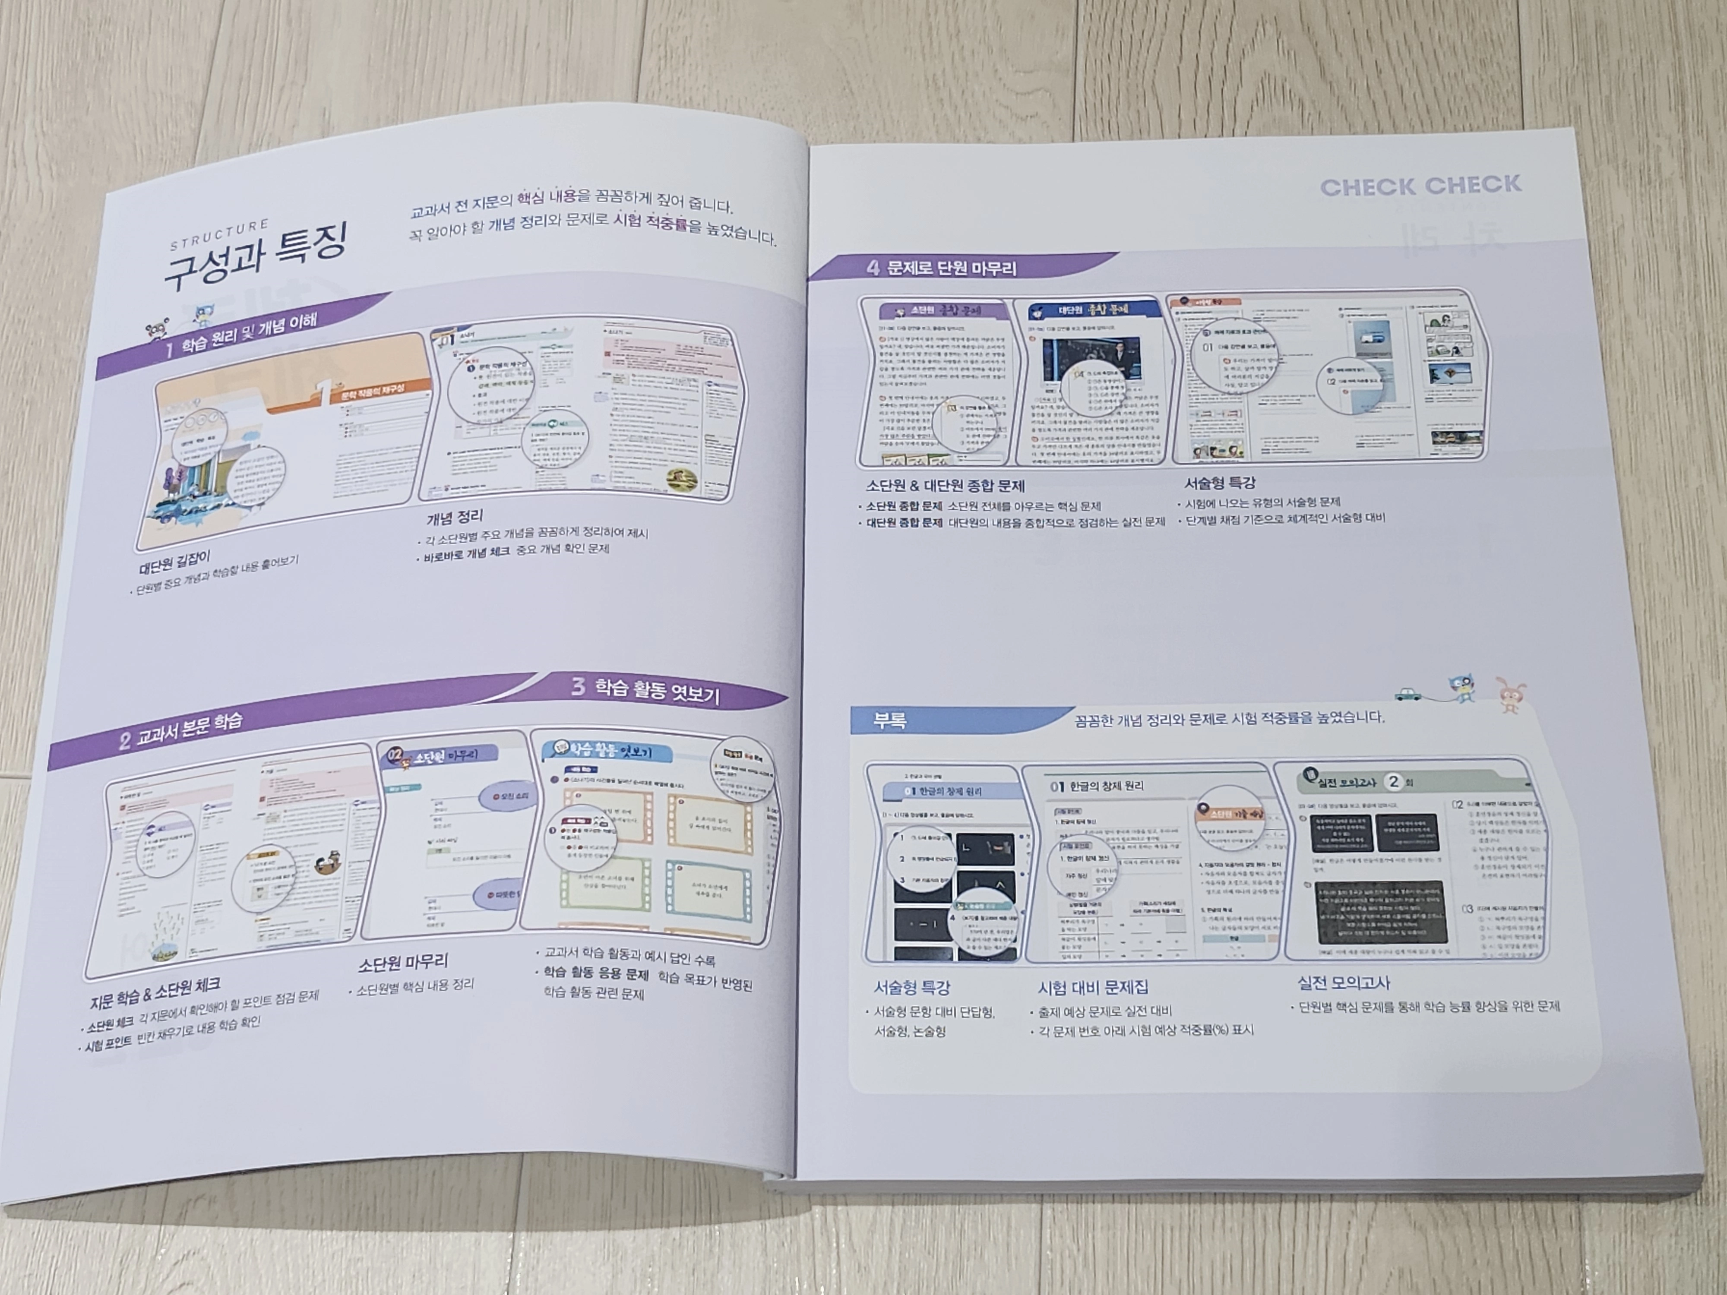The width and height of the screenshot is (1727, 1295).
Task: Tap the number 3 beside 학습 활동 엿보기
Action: (x=578, y=686)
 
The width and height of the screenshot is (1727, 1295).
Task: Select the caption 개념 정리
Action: (x=454, y=517)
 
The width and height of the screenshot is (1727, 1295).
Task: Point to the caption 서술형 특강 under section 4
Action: (x=1220, y=483)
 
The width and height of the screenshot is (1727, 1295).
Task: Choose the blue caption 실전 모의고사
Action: (x=1344, y=983)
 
